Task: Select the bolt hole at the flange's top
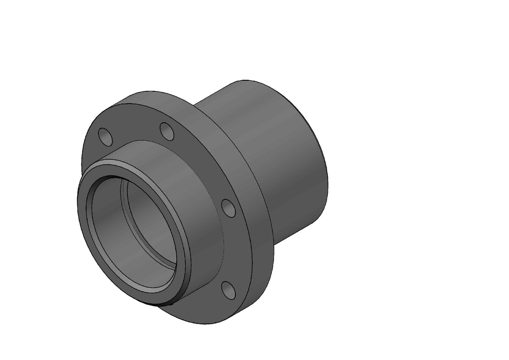tap(167, 131)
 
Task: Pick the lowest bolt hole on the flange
tap(229, 290)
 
